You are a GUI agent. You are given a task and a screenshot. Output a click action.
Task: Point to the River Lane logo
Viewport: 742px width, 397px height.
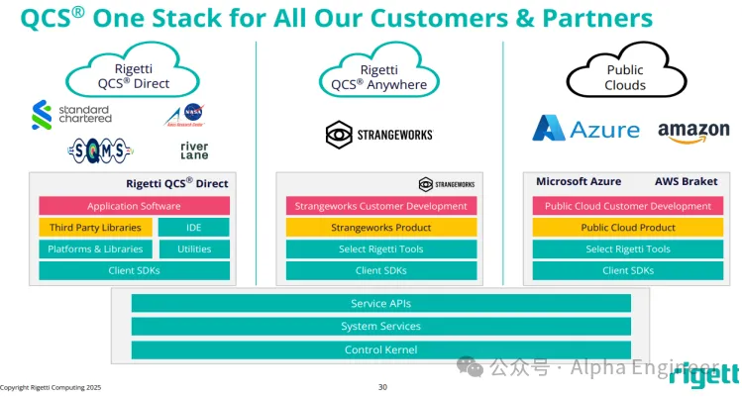[x=194, y=149]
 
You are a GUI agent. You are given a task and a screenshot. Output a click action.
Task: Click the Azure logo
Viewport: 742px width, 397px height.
[x=577, y=130]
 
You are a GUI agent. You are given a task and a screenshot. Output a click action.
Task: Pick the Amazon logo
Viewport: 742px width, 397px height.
[x=693, y=132]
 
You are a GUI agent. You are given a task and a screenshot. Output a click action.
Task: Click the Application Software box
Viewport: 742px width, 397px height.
[x=134, y=206]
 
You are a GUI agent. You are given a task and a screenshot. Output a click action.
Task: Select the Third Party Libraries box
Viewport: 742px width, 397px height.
[x=95, y=228]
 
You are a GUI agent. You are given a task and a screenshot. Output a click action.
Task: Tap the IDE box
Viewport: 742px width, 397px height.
[x=194, y=228]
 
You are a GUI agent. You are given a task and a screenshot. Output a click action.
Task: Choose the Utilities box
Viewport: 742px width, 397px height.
[x=194, y=248]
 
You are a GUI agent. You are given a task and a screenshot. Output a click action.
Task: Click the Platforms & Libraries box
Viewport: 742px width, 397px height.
[x=95, y=248]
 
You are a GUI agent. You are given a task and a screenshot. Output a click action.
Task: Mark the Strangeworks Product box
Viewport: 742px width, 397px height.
[x=381, y=228]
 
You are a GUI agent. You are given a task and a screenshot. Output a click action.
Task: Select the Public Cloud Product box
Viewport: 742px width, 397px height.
[x=628, y=228]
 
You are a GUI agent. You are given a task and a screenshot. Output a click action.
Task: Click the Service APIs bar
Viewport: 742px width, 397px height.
[x=381, y=303]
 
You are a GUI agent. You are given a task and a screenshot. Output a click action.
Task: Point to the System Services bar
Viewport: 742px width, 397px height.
[x=381, y=326]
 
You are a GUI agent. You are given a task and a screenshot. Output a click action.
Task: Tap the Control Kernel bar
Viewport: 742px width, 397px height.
[x=381, y=349]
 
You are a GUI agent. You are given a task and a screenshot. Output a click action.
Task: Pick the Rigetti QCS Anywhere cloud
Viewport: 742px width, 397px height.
[x=381, y=76]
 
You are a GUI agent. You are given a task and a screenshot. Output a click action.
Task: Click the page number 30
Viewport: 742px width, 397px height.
[x=382, y=387]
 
